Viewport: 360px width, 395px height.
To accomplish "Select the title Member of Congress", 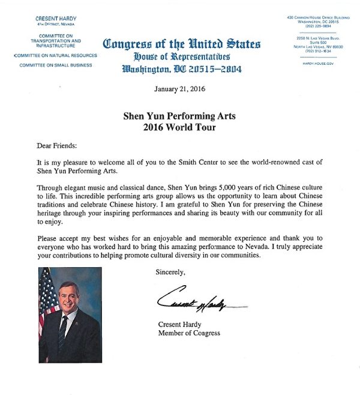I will [189, 333].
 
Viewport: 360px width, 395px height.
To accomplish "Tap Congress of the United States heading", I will [182, 44].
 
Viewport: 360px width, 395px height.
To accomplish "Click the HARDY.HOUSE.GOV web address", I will [318, 63].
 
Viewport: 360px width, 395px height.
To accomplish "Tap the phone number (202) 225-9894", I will [318, 25].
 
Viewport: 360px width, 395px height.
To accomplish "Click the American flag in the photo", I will [47, 300].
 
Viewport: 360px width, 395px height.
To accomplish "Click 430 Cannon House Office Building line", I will [318, 17].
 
